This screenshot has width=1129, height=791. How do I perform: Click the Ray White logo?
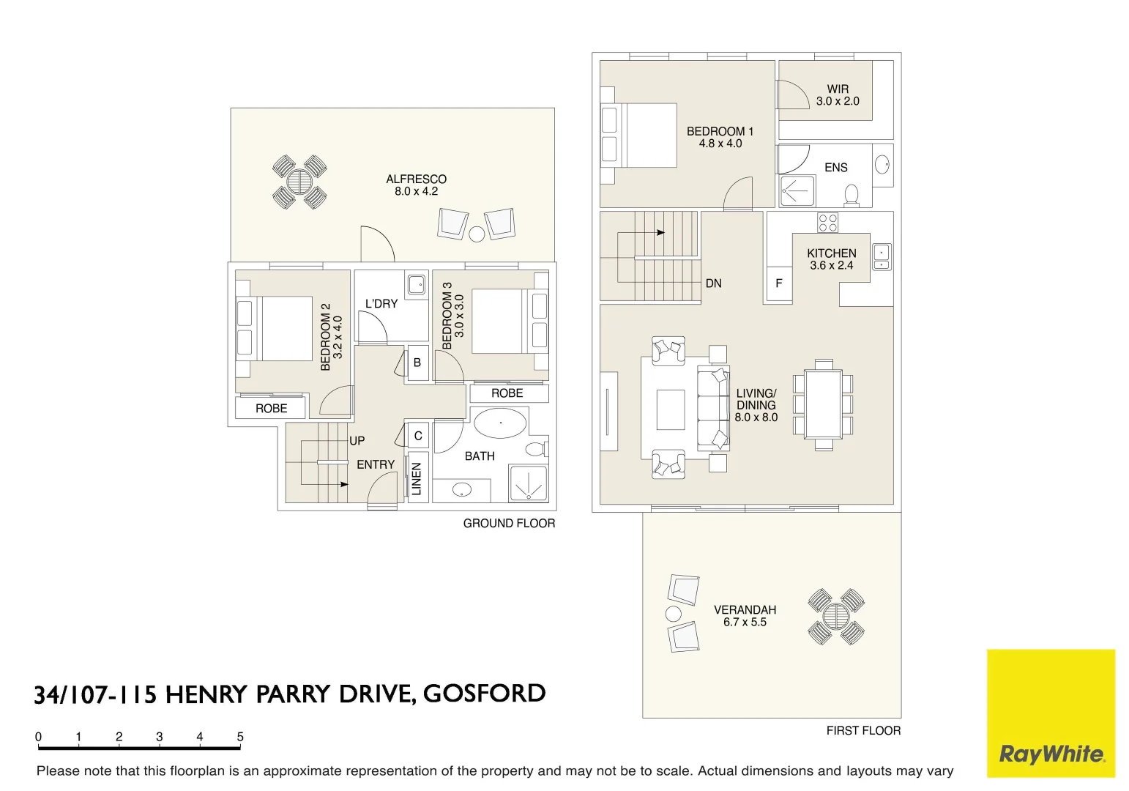tap(1051, 713)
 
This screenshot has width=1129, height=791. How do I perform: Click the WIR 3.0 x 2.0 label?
tap(838, 95)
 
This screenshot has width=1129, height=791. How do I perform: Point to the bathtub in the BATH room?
tap(500, 423)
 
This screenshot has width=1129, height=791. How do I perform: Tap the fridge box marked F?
tap(779, 283)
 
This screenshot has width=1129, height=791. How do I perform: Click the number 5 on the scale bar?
tap(240, 737)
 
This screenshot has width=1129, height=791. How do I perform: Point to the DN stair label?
tap(713, 283)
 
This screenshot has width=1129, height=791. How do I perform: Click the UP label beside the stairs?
tap(357, 441)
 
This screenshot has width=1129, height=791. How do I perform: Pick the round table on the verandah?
tap(836, 616)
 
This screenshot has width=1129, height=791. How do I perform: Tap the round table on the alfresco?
tap(299, 182)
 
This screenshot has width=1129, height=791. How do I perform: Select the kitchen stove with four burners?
tap(827, 223)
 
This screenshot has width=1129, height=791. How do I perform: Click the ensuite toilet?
tap(852, 194)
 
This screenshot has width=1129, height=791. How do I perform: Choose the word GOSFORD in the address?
tap(484, 693)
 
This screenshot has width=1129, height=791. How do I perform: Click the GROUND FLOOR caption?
tap(509, 523)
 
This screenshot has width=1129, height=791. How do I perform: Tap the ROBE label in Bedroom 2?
tap(271, 408)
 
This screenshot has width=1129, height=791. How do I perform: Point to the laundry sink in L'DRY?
tap(417, 284)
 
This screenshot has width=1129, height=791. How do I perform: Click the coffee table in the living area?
tap(670, 409)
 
